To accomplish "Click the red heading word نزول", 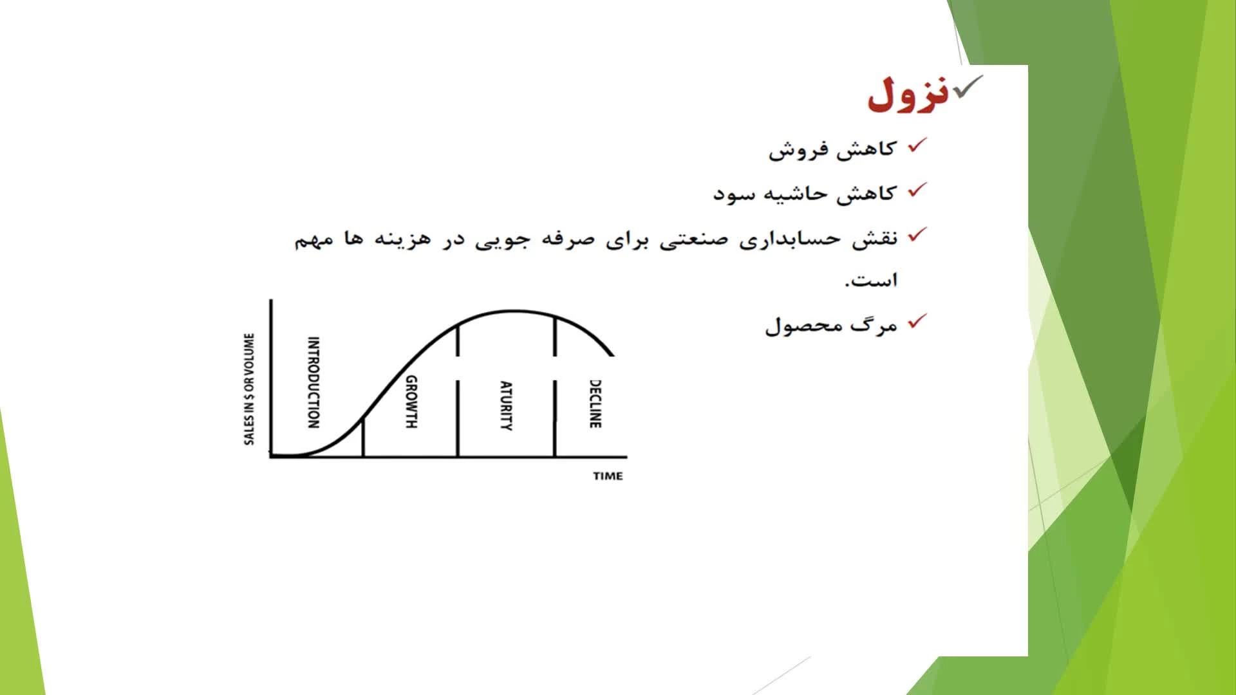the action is click(x=908, y=94).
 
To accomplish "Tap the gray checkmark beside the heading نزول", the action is click(x=968, y=86).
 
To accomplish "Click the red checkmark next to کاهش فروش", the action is click(x=917, y=145).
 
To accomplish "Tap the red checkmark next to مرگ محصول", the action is click(x=917, y=321).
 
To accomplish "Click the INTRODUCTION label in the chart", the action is click(x=314, y=382).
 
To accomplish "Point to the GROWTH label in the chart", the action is click(x=411, y=402).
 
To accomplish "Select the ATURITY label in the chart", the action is click(x=507, y=405).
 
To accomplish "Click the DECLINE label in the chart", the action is click(x=595, y=403).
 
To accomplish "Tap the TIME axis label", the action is click(x=608, y=476).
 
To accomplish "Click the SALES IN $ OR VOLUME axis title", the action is click(x=249, y=389).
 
